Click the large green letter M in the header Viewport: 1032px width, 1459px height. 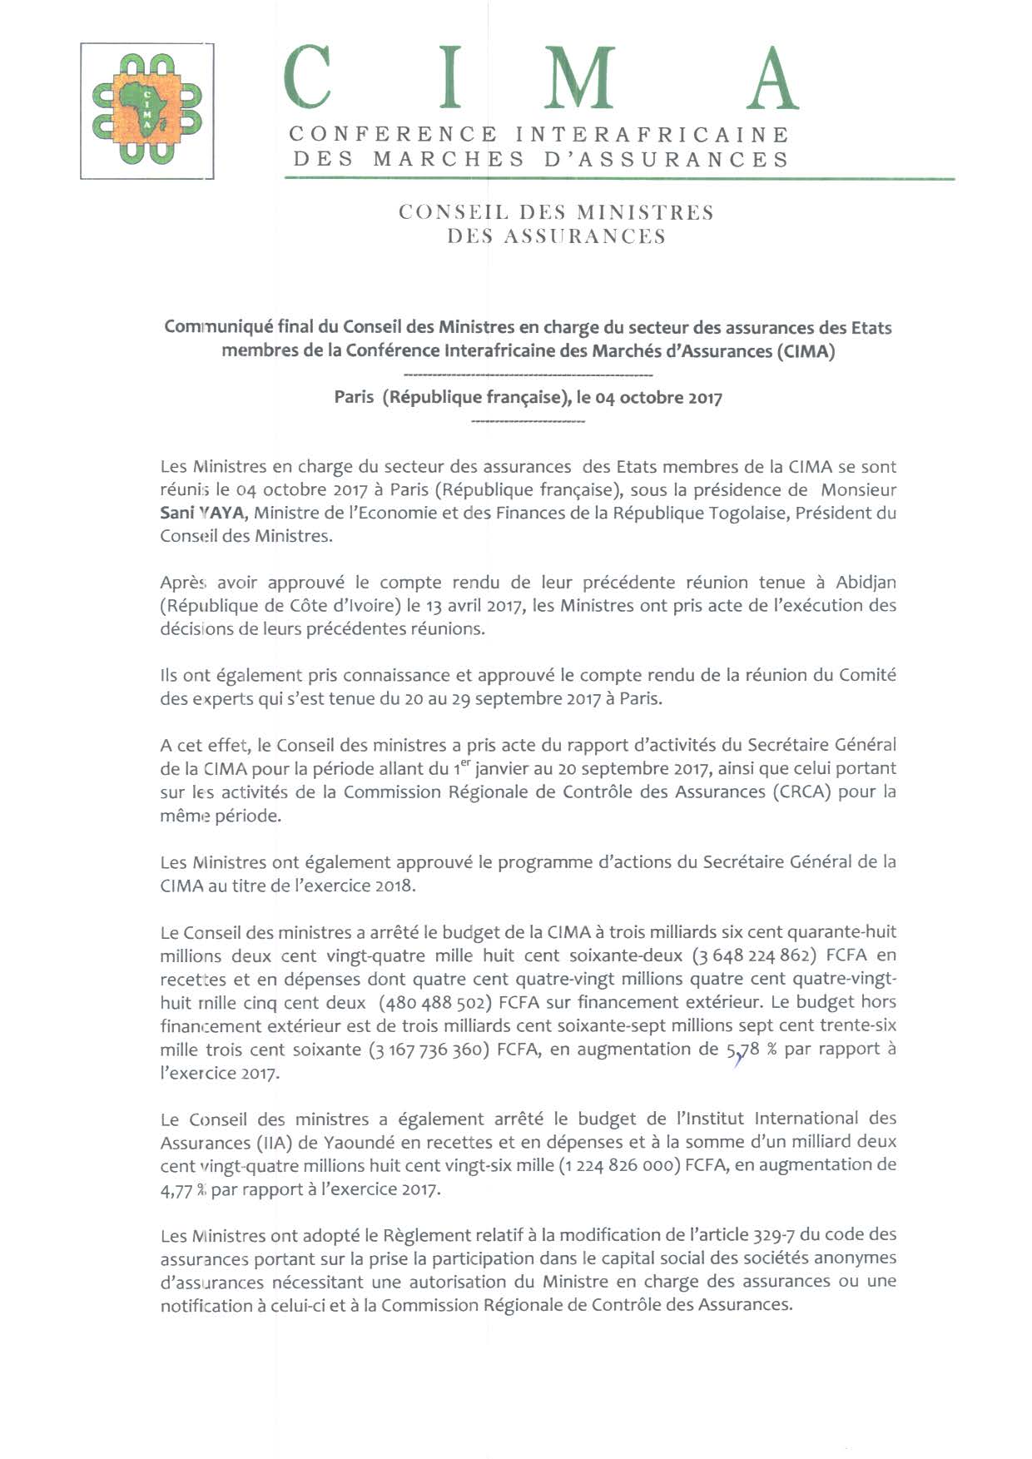583,79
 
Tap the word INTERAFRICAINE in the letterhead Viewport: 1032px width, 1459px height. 652,134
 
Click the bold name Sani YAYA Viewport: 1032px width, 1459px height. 202,513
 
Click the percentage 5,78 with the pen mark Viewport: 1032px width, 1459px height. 743,1050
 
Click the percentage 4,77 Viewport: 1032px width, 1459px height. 176,1189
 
